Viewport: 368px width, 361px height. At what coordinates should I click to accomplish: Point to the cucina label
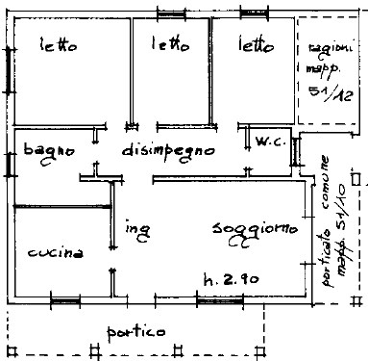click(55, 252)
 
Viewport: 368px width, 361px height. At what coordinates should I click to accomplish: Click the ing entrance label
click(136, 229)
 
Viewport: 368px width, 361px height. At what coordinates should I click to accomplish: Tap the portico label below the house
click(135, 330)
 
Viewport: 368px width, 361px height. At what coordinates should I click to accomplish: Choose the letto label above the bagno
click(59, 44)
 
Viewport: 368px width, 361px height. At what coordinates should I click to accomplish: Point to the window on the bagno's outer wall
click(9, 160)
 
